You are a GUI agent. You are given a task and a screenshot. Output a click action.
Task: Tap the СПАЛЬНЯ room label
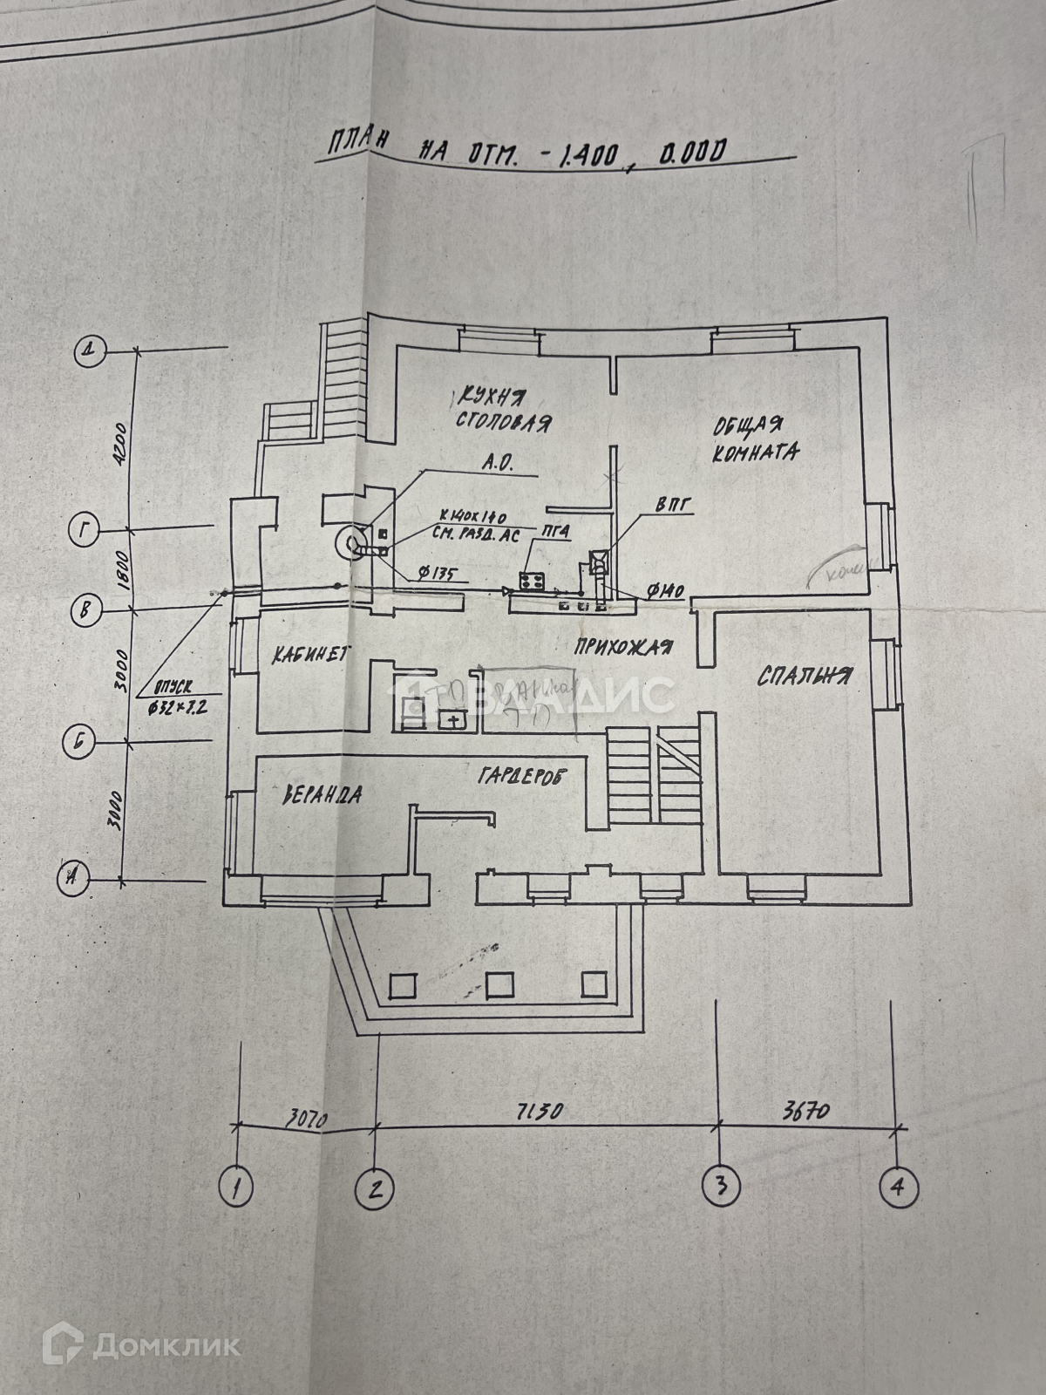point(804,676)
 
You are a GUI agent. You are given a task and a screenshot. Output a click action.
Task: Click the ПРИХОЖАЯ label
point(622,646)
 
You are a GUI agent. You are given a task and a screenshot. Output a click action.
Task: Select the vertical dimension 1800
point(123,568)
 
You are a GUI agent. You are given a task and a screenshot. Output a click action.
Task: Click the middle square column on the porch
point(499,984)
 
